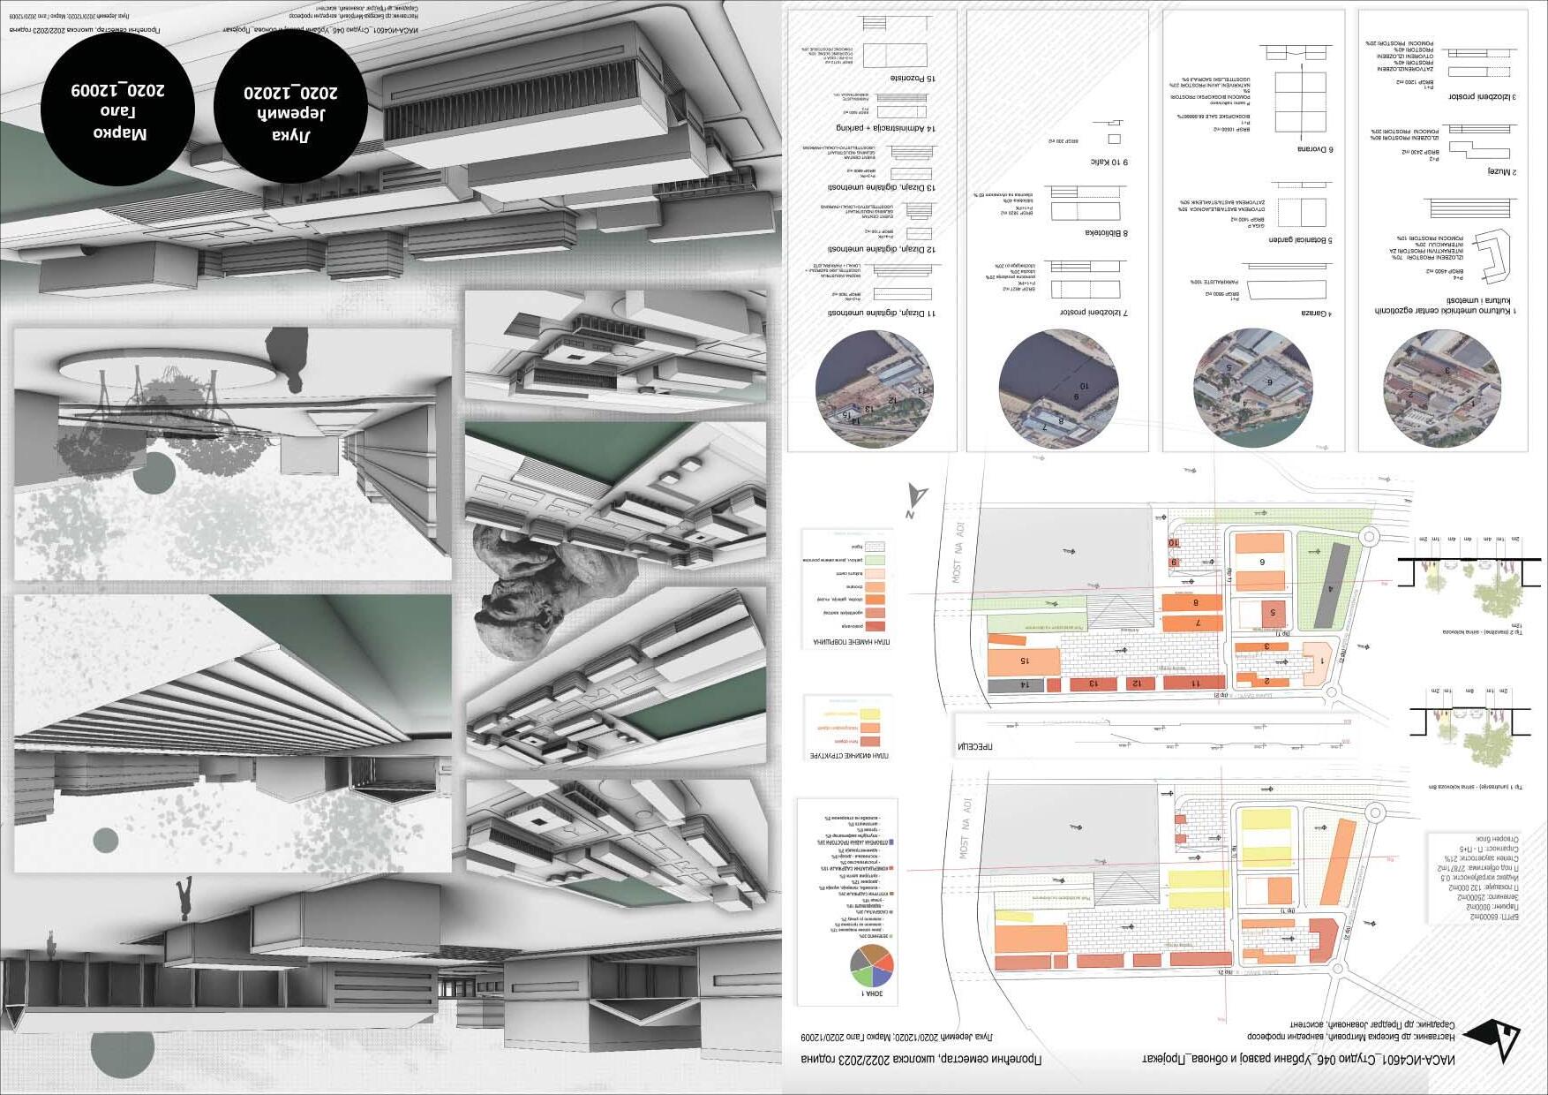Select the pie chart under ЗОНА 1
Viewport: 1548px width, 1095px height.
point(871,966)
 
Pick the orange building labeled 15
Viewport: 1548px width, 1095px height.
point(1024,661)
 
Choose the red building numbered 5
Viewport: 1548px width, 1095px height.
point(1272,612)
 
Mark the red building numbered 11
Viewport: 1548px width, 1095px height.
point(1194,683)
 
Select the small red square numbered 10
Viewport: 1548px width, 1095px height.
point(1174,542)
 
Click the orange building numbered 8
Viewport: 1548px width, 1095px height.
point(1192,603)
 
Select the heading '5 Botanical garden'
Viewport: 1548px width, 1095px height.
point(1300,240)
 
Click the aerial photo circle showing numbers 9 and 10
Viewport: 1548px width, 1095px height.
point(1059,389)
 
